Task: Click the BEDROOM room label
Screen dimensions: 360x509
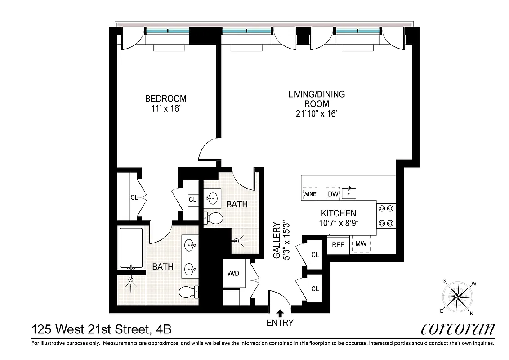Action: coord(165,99)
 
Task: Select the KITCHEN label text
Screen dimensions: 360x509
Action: coord(338,213)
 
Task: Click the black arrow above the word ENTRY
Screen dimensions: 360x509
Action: coord(280,313)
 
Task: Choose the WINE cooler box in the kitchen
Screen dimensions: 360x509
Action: coord(309,194)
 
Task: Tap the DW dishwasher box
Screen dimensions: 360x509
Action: coord(333,194)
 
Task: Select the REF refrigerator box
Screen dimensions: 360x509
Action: coord(338,245)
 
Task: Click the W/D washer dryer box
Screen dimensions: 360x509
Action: coord(233,273)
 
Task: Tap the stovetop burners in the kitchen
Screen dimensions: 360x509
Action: coord(386,215)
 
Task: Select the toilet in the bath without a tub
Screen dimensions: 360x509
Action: coord(214,218)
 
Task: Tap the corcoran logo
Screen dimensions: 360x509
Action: coord(457,328)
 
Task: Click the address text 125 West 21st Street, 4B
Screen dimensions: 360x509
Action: coord(101,330)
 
